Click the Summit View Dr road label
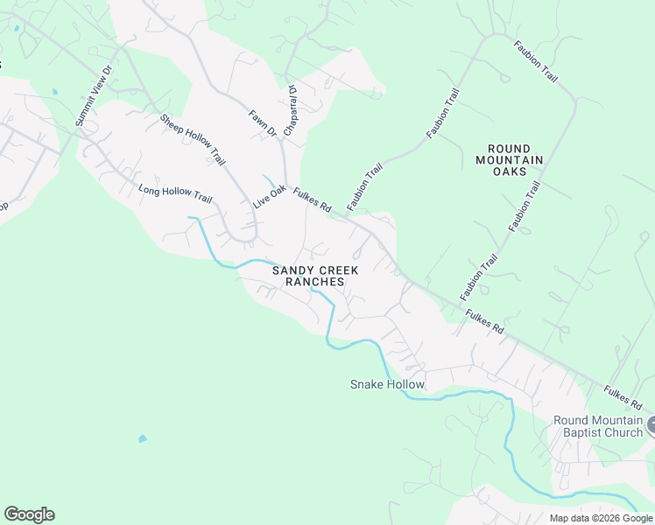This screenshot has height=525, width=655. (95, 95)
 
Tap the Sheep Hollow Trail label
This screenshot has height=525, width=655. (193, 139)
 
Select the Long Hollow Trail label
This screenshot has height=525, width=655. (175, 193)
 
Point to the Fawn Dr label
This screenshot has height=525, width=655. (262, 122)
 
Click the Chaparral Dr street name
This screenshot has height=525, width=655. (294, 104)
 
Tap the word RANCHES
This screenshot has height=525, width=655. (314, 283)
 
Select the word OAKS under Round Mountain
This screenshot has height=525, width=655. (509, 171)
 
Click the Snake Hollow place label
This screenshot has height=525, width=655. (387, 384)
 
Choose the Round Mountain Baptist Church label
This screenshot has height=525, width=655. (598, 426)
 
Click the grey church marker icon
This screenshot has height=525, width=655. (650, 426)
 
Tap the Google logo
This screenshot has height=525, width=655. (29, 514)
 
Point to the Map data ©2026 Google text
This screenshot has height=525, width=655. (601, 518)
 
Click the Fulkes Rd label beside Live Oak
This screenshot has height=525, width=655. (312, 201)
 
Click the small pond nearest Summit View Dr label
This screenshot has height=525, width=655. (54, 91)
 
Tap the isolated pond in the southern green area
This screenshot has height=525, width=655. (142, 438)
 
